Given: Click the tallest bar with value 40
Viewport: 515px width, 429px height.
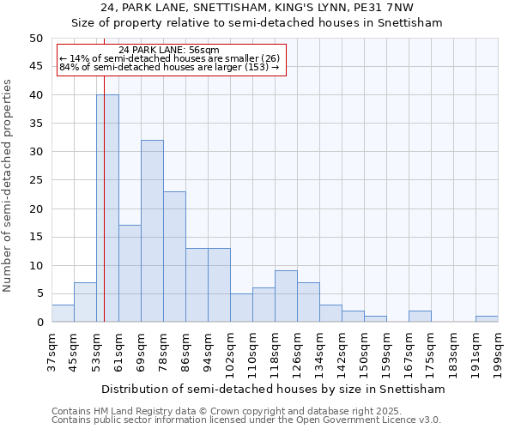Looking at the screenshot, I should (107, 208).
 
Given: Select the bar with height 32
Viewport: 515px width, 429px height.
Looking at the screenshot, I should (152, 231).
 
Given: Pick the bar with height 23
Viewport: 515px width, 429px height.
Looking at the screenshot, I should (174, 257).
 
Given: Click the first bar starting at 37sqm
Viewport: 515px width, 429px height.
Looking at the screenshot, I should (63, 313).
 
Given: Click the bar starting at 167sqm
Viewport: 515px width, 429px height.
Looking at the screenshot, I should (420, 317).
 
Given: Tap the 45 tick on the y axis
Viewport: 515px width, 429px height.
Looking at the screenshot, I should (36, 67).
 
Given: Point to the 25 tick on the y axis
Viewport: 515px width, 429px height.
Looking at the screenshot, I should (36, 180).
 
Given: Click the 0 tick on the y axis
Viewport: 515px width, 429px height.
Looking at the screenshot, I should (39, 323).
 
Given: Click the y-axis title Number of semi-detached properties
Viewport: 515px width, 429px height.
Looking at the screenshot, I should (9, 185).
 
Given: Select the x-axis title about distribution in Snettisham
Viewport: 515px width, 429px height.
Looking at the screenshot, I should (273, 390).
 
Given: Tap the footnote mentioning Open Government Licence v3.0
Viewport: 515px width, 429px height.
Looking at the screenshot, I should (246, 420).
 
